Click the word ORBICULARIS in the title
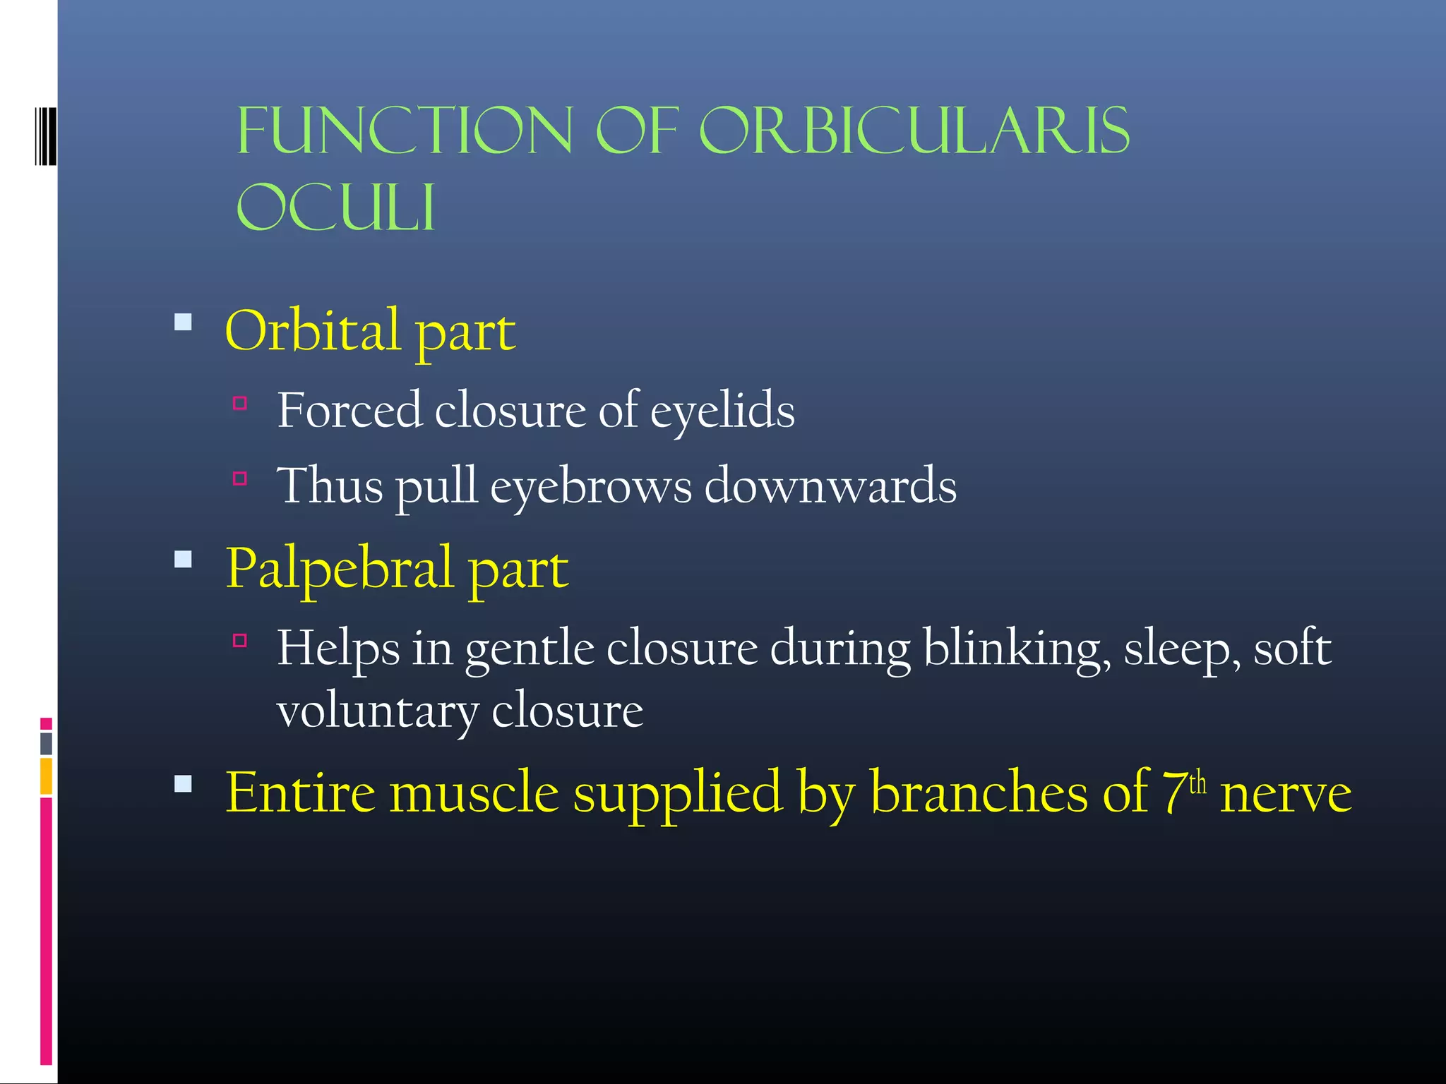[914, 131]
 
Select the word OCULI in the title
[335, 207]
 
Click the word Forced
[349, 410]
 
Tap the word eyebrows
[591, 487]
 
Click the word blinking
[1017, 649]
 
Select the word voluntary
[377, 711]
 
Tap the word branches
[979, 793]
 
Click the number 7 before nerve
[1174, 793]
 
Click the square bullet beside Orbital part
[184, 323]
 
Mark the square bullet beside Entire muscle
[184, 784]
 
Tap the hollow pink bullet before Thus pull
[240, 478]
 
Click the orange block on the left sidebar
[46, 776]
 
